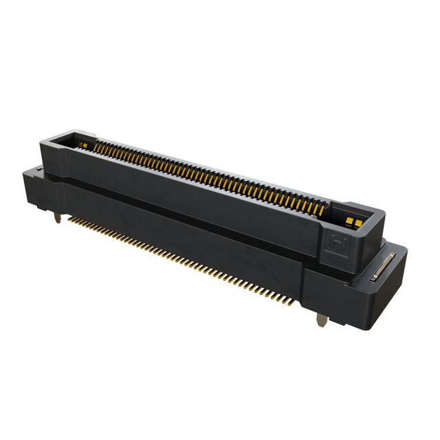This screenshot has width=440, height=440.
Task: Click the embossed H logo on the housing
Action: click(x=338, y=242)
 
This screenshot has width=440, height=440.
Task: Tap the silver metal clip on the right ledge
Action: click(x=382, y=267)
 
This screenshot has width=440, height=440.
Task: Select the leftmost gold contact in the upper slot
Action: click(x=96, y=145)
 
